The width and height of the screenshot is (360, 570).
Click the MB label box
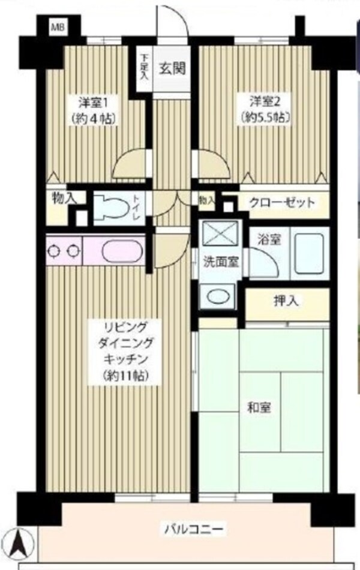point(58,27)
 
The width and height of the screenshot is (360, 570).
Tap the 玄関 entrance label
point(171,67)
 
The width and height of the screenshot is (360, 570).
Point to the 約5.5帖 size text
point(265,117)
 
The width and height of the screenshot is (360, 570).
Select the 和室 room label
point(259,408)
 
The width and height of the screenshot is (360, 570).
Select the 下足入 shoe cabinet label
point(145,66)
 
